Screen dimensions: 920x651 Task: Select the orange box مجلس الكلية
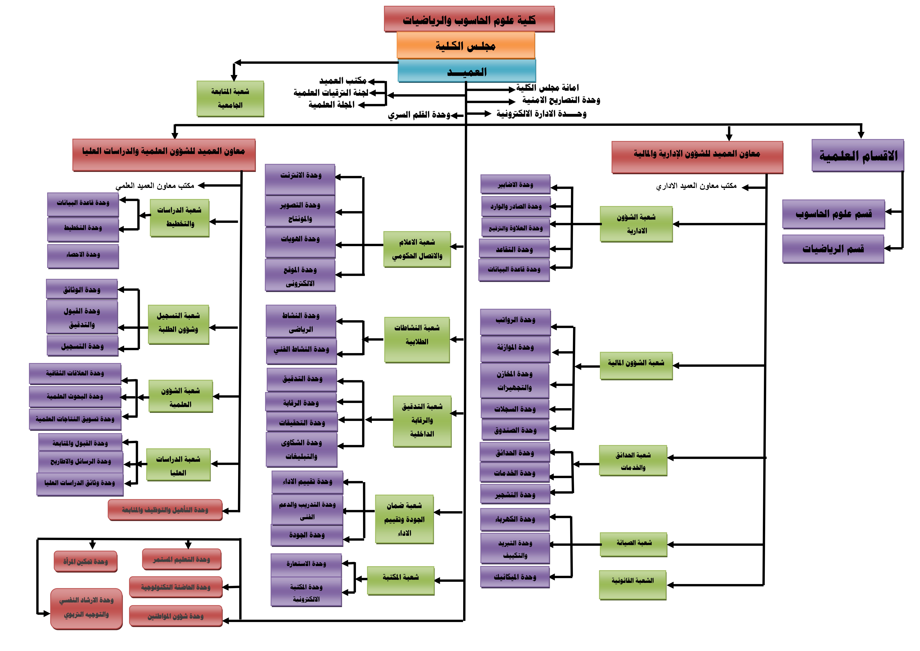466,45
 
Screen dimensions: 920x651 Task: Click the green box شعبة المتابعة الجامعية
230,99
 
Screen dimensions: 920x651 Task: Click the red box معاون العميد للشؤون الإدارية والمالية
697,157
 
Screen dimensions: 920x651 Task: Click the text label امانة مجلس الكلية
547,87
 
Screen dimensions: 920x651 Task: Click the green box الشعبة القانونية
633,585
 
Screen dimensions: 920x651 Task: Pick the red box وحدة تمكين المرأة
86,562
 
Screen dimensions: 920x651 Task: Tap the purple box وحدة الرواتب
515,322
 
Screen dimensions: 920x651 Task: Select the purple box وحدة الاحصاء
83,256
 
